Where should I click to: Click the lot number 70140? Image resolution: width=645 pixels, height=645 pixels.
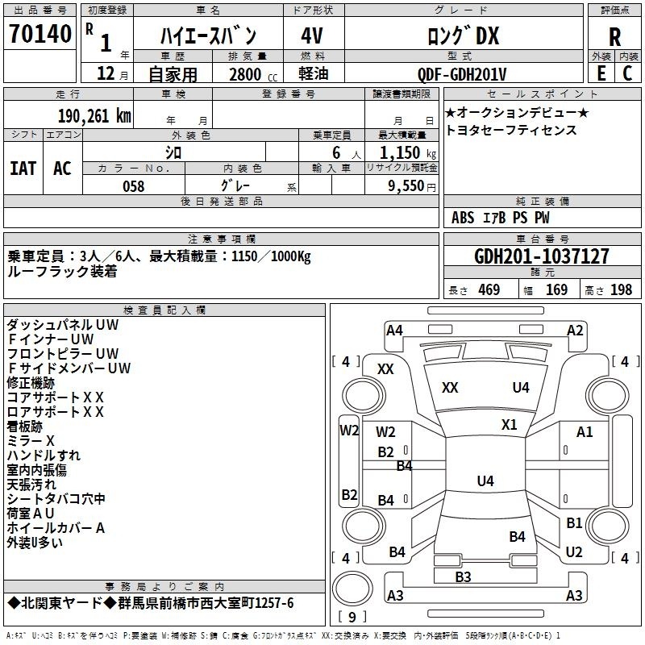(40, 34)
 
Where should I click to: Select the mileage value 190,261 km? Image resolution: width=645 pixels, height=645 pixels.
(94, 116)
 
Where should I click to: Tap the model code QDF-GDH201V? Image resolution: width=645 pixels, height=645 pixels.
(462, 74)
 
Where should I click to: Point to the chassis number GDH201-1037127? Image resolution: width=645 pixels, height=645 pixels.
(541, 256)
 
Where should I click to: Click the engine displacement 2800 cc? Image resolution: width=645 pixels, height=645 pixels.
(253, 74)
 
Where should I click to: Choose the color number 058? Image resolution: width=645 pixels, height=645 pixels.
(134, 186)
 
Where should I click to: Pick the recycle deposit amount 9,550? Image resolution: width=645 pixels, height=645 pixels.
(406, 185)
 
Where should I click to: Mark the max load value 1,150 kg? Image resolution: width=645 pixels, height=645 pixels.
(408, 153)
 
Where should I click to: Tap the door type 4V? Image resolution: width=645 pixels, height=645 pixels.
(312, 35)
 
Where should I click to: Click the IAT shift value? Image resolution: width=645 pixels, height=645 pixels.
(23, 169)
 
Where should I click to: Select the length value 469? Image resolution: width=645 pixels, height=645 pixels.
(489, 289)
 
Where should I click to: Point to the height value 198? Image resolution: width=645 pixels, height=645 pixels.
(621, 289)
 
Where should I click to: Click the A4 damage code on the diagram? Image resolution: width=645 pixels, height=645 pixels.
(394, 331)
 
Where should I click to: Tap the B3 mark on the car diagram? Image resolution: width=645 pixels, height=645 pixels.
(463, 576)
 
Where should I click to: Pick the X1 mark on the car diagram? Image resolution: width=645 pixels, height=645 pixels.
(510, 425)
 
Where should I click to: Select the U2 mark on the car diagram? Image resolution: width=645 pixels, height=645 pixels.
(574, 551)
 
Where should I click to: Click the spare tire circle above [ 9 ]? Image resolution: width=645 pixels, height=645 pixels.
(352, 588)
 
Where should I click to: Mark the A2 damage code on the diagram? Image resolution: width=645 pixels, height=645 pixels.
(575, 331)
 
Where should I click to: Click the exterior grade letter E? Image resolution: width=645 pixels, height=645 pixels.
(601, 73)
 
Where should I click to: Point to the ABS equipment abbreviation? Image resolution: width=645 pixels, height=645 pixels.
(463, 218)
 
